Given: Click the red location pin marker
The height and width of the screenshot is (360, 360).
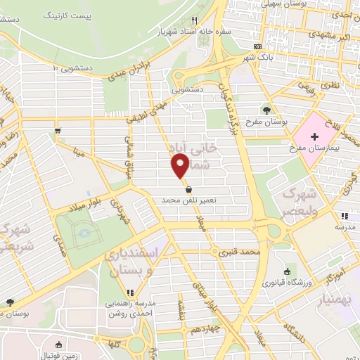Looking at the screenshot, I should pyautogui.click(x=180, y=165).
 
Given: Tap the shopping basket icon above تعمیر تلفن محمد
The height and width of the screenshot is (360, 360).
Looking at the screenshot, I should pyautogui.click(x=188, y=189).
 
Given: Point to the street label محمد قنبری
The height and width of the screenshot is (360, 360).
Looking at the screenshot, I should pyautogui.click(x=240, y=251).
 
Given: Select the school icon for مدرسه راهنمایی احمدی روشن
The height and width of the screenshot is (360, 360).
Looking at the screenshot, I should pyautogui.click(x=129, y=292).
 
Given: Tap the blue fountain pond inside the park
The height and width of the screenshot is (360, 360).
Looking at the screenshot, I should pyautogui.click(x=84, y=231).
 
